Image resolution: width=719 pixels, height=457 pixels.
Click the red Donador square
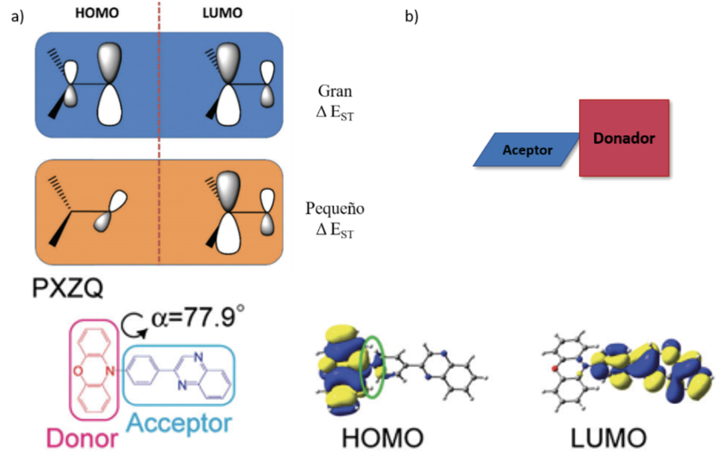point(624,138)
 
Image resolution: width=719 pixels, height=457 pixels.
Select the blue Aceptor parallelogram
point(527,150)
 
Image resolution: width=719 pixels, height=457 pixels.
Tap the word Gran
point(335,91)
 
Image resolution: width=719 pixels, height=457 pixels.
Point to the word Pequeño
point(335,208)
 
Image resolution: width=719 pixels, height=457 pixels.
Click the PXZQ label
point(68,288)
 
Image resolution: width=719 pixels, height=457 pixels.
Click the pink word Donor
point(82,438)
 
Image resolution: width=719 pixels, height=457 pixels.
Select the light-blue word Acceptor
point(179,423)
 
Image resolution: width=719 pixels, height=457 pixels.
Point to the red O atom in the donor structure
point(78,371)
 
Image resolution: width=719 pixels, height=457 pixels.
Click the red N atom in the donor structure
point(110,371)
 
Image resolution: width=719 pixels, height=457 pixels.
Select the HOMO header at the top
point(97,13)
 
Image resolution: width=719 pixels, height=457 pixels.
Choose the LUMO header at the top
point(222,13)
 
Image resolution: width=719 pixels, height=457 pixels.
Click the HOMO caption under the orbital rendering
point(383,438)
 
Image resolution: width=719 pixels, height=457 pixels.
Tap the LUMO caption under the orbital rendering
point(608,438)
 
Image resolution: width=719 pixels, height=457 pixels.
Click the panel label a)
point(17,17)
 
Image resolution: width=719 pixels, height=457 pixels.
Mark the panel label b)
point(411,17)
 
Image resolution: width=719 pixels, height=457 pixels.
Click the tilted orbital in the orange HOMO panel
point(110,211)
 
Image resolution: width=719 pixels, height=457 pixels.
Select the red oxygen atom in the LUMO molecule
point(555,368)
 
